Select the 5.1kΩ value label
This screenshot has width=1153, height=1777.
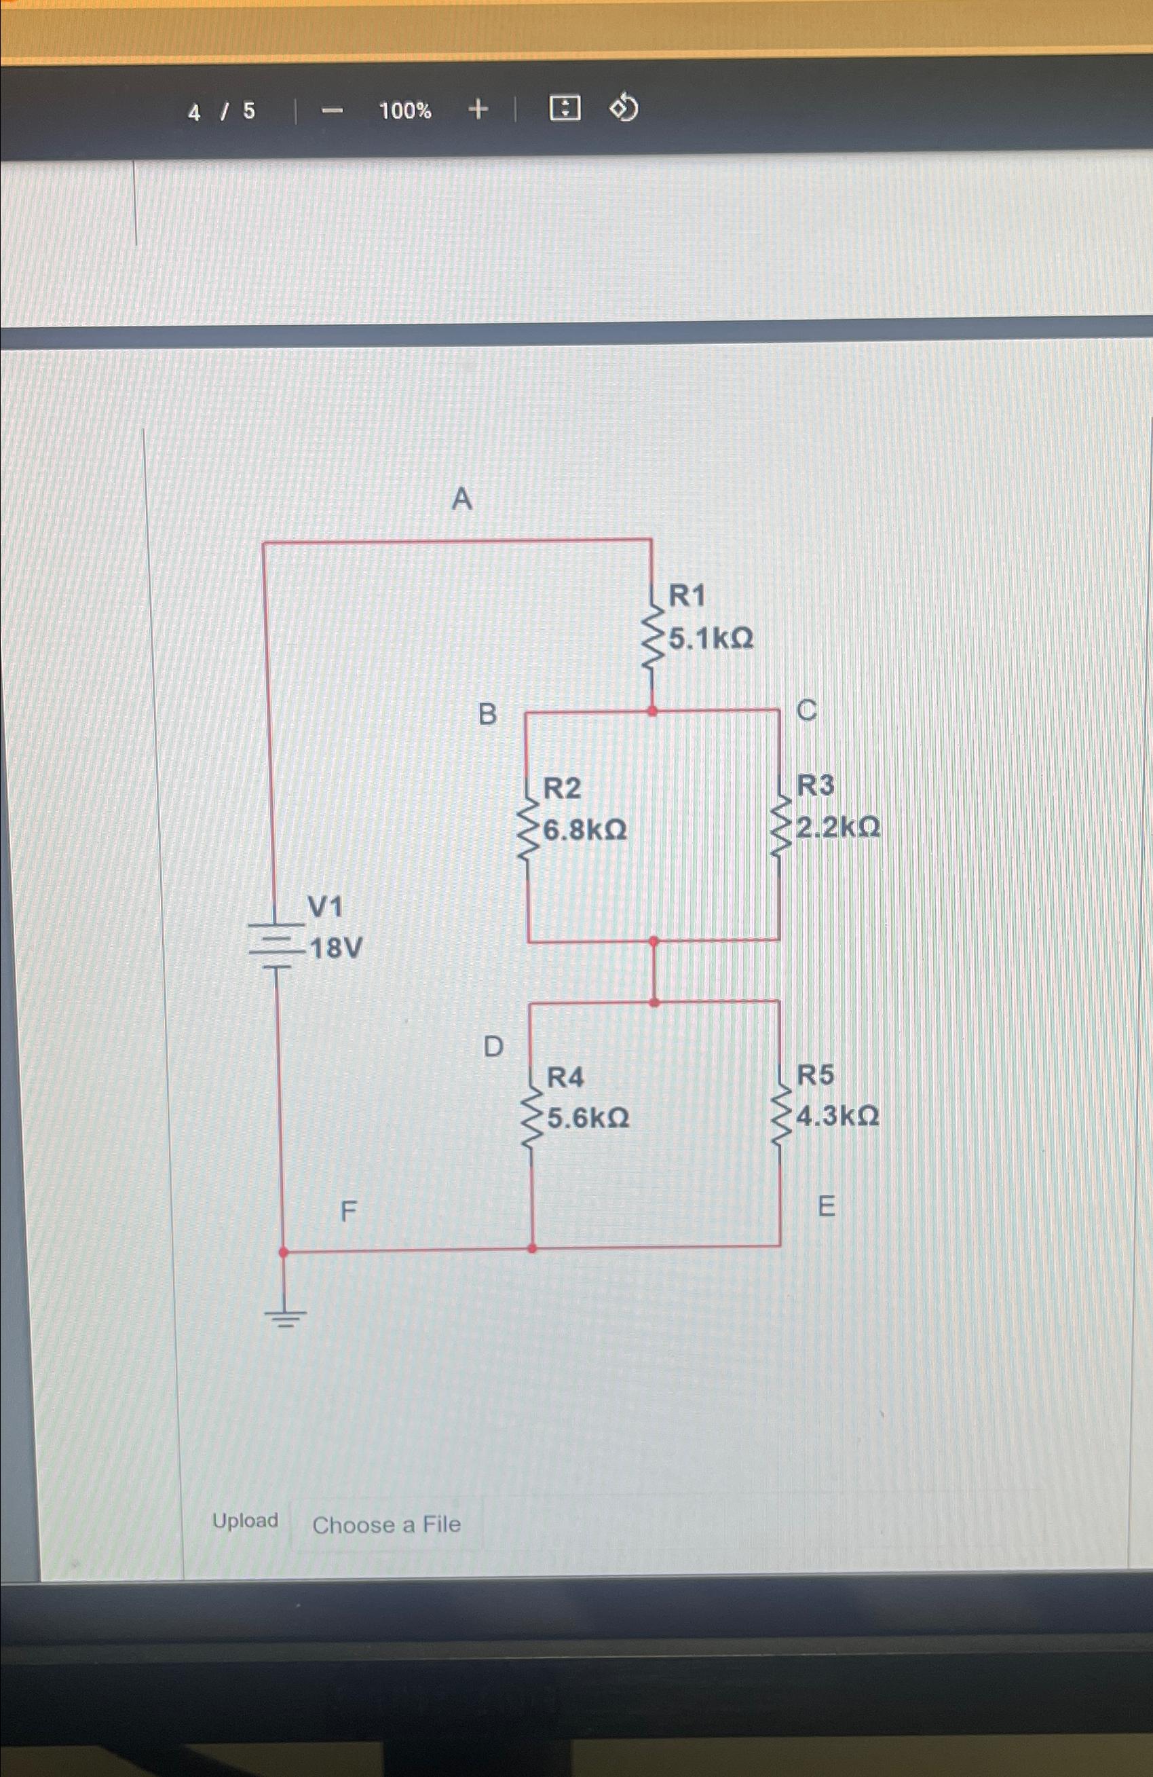pyautogui.click(x=711, y=638)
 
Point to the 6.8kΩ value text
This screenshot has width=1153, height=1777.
pyautogui.click(x=585, y=829)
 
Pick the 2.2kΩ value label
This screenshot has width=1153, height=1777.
pyautogui.click(x=838, y=827)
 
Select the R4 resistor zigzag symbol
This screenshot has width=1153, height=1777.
pyautogui.click(x=531, y=1117)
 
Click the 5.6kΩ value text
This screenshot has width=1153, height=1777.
pyautogui.click(x=588, y=1119)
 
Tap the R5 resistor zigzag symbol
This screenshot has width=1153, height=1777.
pyautogui.click(x=780, y=1115)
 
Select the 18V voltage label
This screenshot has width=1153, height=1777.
pyautogui.click(x=336, y=949)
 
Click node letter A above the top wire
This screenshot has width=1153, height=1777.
pyautogui.click(x=462, y=499)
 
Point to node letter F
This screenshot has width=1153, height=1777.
pyautogui.click(x=349, y=1211)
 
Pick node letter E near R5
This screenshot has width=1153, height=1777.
pyautogui.click(x=826, y=1205)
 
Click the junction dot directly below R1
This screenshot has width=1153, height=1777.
pyautogui.click(x=652, y=711)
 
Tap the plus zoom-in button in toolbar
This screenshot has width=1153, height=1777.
pyautogui.click(x=478, y=110)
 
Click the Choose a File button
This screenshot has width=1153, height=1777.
pyautogui.click(x=386, y=1525)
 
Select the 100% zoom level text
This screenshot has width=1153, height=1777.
pyautogui.click(x=404, y=111)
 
